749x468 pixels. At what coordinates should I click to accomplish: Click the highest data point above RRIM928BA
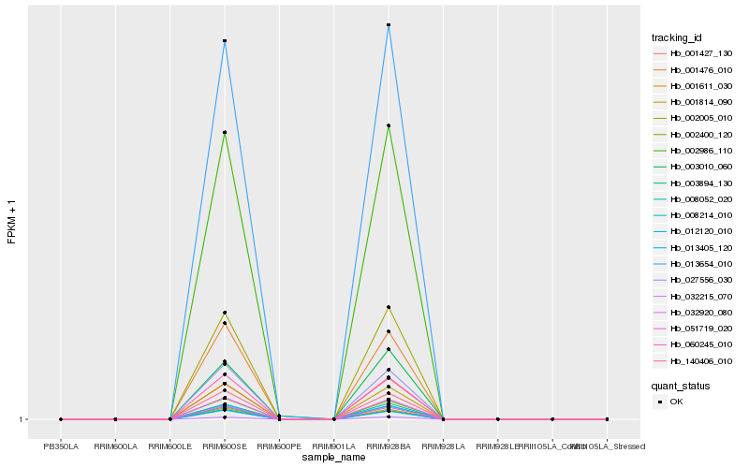pos(389,25)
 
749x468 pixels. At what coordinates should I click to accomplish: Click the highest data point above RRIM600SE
pos(225,41)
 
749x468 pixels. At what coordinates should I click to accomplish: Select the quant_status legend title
pos(681,385)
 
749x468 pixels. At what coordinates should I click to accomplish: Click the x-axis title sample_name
pos(334,457)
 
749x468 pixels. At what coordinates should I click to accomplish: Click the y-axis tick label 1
pos(22,419)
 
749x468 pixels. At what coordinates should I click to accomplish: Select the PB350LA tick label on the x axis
pos(61,446)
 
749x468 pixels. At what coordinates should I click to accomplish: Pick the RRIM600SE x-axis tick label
pos(225,446)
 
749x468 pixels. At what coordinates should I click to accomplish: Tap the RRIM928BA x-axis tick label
pos(389,446)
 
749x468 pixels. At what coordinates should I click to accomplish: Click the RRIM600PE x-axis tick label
pos(279,446)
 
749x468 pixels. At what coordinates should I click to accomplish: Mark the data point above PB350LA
pos(61,419)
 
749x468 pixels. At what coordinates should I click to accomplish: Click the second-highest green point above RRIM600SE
pos(225,133)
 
